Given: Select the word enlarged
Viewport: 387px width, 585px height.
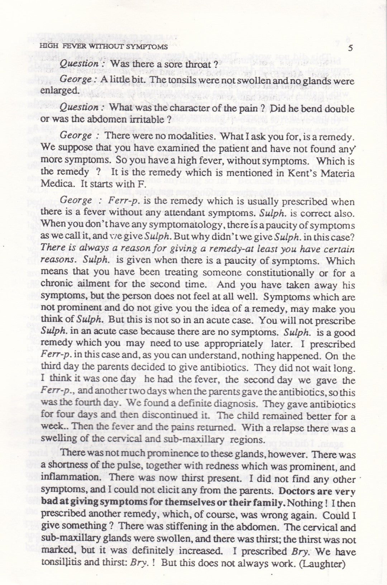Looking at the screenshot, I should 60,90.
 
